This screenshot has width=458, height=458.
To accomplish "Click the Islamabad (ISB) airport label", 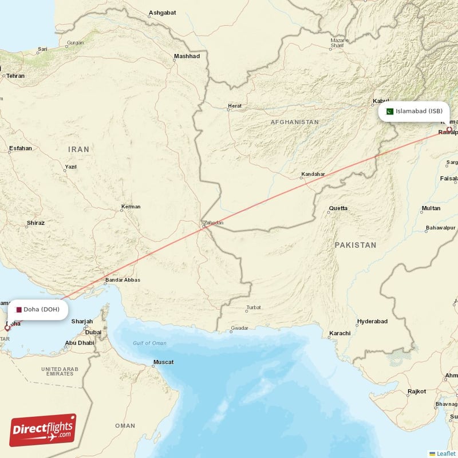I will coord(418,112).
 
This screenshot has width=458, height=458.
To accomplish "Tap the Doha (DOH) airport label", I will coord(41,310).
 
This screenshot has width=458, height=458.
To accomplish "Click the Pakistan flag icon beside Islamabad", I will coord(389,112).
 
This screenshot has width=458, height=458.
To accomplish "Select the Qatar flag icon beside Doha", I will coord(19,310).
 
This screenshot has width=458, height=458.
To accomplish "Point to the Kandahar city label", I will coord(313,174).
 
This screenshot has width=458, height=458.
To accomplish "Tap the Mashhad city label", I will coord(187,57).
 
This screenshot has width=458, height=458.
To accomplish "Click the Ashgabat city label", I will coord(162,13).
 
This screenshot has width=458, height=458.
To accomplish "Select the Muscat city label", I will coord(163,362).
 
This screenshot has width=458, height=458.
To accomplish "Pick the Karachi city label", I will coord(339,334).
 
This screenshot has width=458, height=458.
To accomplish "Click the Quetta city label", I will coord(338,208).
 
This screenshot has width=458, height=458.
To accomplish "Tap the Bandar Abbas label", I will coord(122,280).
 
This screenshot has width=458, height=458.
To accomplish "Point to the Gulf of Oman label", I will coord(149,343).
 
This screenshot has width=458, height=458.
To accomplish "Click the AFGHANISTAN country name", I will coord(294,123).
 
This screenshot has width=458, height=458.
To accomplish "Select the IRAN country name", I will coord(79,149).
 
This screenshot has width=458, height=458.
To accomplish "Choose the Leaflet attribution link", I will coord(445,453).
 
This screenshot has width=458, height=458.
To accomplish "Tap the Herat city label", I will coord(235,106).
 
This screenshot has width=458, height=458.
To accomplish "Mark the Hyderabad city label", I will coord(372,322).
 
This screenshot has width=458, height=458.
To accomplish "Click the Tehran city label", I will coord(15,76).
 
